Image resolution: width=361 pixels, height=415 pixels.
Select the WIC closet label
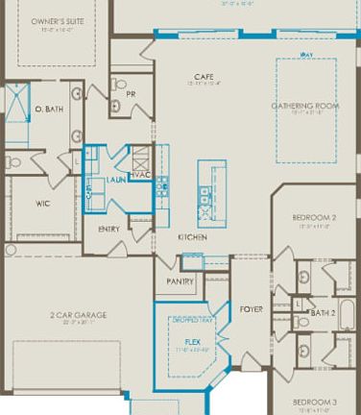[x=43, y=203]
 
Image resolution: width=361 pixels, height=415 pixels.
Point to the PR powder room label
[x=131, y=94]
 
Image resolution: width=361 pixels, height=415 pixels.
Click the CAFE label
[x=203, y=76]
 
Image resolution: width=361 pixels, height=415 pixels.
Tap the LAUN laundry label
[x=116, y=180]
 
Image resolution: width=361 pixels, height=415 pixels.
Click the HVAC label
[x=141, y=174]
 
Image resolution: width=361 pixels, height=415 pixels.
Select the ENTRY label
[x=109, y=229]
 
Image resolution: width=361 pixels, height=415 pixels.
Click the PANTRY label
[x=180, y=281]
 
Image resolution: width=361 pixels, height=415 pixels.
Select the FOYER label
[x=251, y=308]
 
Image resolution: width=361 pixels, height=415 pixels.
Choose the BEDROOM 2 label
[x=314, y=218]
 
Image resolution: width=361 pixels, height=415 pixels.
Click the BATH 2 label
[x=322, y=312]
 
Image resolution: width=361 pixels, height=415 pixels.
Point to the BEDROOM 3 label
[x=314, y=401]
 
